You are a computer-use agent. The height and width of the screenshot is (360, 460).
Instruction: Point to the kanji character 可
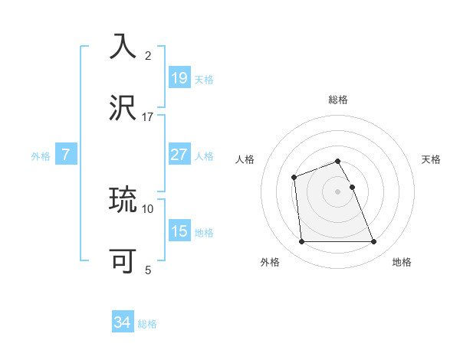click(x=125, y=260)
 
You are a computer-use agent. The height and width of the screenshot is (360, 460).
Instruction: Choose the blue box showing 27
click(x=179, y=154)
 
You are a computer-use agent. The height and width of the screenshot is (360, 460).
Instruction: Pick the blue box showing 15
click(x=179, y=231)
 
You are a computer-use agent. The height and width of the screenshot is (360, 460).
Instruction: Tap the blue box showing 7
click(x=66, y=154)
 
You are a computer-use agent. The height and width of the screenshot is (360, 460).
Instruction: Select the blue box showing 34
click(x=122, y=322)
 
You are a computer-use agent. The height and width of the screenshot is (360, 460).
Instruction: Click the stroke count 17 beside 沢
click(x=148, y=117)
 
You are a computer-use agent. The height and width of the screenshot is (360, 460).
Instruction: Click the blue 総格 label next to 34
click(x=148, y=324)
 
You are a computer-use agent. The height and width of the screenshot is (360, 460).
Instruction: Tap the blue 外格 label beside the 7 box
click(x=41, y=156)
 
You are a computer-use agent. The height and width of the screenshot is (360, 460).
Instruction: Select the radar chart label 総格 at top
click(x=338, y=100)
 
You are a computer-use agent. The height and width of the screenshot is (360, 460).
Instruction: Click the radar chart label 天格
click(x=432, y=159)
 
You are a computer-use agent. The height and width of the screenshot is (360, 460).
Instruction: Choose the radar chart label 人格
click(x=245, y=159)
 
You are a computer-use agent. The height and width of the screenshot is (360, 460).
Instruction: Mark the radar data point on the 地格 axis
click(x=373, y=242)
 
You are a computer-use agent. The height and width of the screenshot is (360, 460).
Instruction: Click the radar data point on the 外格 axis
click(x=302, y=242)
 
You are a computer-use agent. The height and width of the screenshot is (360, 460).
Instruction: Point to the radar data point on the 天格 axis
click(x=352, y=187)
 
